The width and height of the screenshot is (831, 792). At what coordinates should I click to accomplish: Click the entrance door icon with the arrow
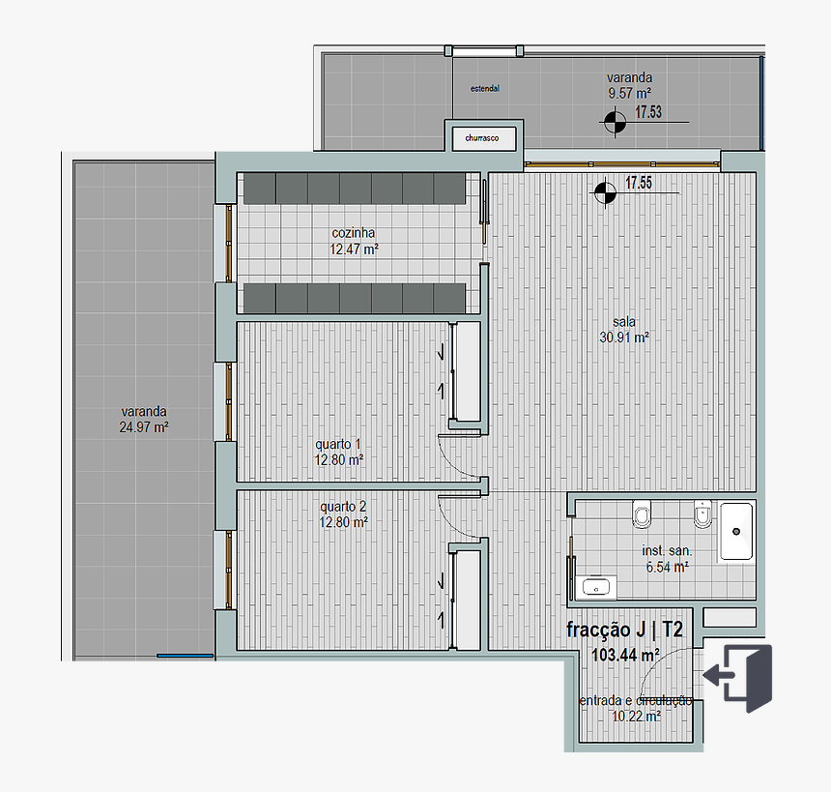739,677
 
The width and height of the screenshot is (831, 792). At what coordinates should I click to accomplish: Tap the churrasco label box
481,138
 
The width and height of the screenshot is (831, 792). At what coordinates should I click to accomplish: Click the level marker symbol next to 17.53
614,122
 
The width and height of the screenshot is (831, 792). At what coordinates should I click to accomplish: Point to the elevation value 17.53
648,112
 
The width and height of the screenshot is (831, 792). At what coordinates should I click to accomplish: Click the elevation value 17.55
639,182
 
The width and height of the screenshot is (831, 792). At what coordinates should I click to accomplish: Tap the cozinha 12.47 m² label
354,241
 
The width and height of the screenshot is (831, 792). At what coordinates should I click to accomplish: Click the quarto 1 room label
338,453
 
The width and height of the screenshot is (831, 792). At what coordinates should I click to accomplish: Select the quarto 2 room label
343,513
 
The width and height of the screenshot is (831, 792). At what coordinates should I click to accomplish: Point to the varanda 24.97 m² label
145,417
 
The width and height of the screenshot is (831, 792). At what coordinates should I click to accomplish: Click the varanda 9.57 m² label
629,85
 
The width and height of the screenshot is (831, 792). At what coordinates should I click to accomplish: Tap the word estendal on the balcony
484,88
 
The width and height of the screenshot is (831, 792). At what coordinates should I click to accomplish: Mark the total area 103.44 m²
625,656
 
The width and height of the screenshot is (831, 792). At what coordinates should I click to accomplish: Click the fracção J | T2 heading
624,631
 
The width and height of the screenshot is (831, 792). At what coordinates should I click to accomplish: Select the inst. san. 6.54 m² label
667,559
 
